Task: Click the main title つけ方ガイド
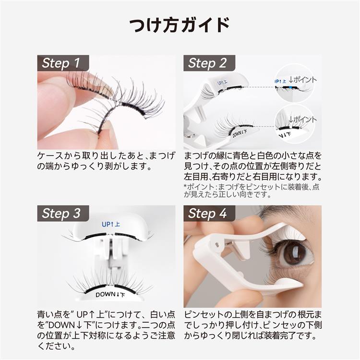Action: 180,25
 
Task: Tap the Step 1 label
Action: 61,63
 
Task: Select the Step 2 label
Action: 207,63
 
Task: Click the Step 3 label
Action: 61,213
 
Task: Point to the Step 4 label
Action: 207,213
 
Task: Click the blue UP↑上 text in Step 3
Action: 111,224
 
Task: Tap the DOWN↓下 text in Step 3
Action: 110,295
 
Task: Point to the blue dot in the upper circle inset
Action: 291,87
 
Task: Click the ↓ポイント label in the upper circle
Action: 302,80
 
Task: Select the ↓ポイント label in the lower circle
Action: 302,120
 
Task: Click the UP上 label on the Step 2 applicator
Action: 222,82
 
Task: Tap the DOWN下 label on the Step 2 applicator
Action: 240,133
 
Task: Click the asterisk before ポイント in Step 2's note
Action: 185,186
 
